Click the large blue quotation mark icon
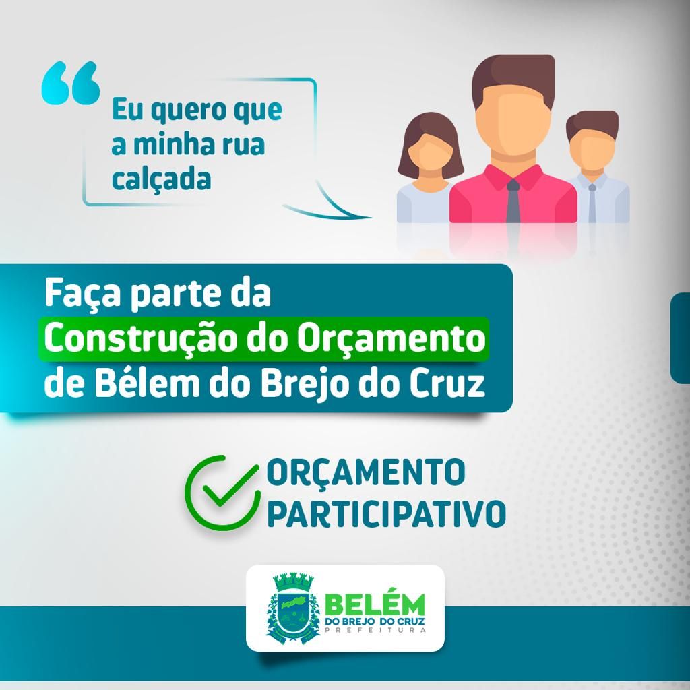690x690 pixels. [x=71, y=83]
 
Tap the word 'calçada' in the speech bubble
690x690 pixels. [x=161, y=179]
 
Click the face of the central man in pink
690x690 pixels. [x=512, y=119]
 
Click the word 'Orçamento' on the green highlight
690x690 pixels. [x=391, y=339]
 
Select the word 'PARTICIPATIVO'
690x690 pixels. [x=386, y=513]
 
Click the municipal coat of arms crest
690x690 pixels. [x=292, y=608]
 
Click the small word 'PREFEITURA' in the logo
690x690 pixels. [x=375, y=630]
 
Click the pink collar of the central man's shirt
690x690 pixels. [x=513, y=175]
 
